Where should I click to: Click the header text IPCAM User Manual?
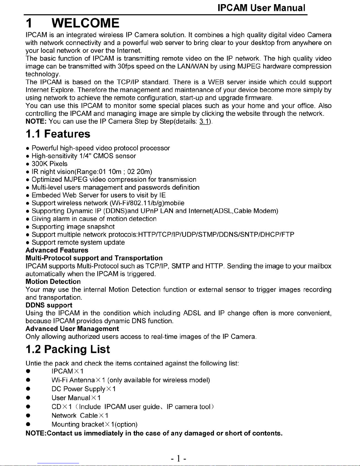coord(261,8)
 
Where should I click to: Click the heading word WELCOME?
coord(86,23)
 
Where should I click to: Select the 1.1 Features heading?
coord(58,134)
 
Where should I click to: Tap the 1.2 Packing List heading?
coord(68,349)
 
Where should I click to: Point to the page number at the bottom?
coord(178,458)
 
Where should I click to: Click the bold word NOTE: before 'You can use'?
coord(36,121)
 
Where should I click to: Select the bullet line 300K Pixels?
coord(49,164)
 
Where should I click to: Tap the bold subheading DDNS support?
coord(49,305)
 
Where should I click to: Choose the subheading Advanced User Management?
coord(72,329)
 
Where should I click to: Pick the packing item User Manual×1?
coord(76,398)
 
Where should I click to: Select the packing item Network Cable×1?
coord(80,415)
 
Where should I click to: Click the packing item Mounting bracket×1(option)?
coord(94,424)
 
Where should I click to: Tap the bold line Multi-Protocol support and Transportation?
coord(94,258)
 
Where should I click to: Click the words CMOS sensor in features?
coord(114,156)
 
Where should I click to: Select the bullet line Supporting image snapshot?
coord(73,227)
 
